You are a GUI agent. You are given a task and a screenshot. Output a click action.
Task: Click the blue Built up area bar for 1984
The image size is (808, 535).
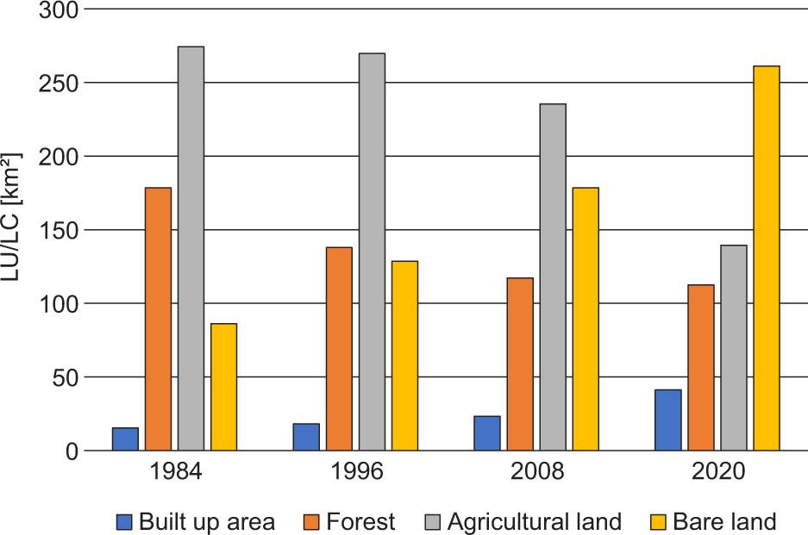pos(125,439)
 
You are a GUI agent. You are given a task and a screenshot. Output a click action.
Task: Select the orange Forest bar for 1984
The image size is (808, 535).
pos(158,319)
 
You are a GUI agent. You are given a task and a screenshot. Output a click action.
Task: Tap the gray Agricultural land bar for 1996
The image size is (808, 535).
pos(372,252)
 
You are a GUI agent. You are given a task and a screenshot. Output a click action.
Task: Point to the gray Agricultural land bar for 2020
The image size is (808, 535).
pos(734,348)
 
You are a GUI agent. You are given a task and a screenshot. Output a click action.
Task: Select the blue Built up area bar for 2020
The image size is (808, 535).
pos(667,420)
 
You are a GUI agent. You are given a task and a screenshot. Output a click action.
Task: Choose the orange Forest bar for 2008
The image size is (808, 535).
pos(520,364)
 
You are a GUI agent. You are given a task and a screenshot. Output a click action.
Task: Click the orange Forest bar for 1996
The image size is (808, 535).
pos(339,349)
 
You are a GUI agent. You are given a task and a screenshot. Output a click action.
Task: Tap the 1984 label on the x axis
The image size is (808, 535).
pos(175,473)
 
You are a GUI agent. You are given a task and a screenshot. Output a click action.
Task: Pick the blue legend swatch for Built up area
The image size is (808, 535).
pos(126,522)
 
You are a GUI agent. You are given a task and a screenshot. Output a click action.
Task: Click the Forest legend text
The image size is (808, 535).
pos(360,522)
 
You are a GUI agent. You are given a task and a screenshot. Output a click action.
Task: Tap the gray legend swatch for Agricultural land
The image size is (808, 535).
pos(434,522)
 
